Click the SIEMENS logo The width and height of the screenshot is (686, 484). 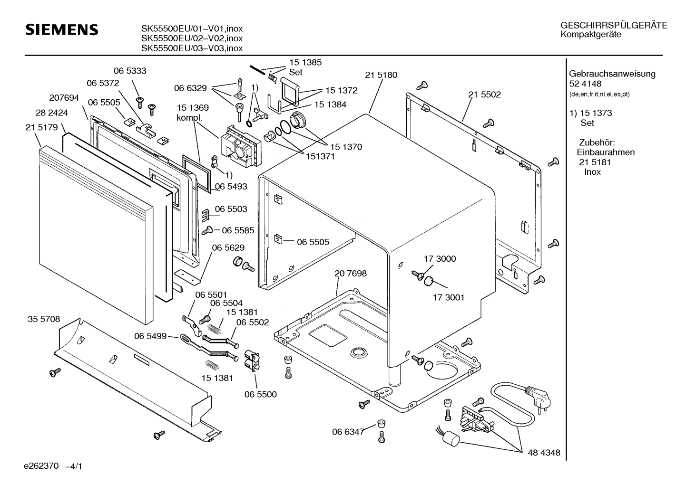pyautogui.click(x=61, y=30)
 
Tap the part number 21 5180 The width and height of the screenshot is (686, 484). pyautogui.click(x=381, y=75)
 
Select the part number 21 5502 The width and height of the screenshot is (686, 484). pyautogui.click(x=484, y=95)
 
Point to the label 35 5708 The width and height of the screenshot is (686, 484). pyautogui.click(x=43, y=319)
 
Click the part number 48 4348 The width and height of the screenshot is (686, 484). pyautogui.click(x=544, y=453)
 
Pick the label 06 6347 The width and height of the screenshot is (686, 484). pyautogui.click(x=348, y=432)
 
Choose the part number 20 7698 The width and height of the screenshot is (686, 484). pyautogui.click(x=351, y=274)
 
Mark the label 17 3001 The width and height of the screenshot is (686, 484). pyautogui.click(x=448, y=298)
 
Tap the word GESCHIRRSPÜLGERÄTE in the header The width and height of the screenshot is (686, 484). pyautogui.click(x=613, y=26)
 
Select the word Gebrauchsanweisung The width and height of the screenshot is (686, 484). pyautogui.click(x=612, y=74)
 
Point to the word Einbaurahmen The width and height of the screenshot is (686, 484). pyautogui.click(x=606, y=152)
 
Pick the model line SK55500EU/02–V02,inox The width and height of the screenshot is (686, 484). pyautogui.click(x=192, y=38)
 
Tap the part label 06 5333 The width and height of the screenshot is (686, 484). pyautogui.click(x=130, y=71)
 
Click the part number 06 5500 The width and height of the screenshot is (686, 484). pyautogui.click(x=260, y=394)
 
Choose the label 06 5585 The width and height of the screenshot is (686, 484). pyautogui.click(x=238, y=230)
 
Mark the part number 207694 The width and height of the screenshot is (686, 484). pyautogui.click(x=64, y=98)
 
